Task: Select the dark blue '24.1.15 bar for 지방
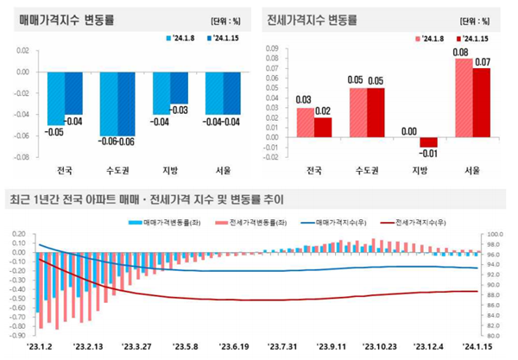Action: [x=179, y=87]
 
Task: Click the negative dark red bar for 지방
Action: [x=429, y=142]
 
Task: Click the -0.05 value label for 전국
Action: [x=55, y=132]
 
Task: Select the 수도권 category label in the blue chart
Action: [x=117, y=169]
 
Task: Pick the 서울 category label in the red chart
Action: [x=473, y=169]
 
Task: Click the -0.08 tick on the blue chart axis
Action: [x=21, y=157]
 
